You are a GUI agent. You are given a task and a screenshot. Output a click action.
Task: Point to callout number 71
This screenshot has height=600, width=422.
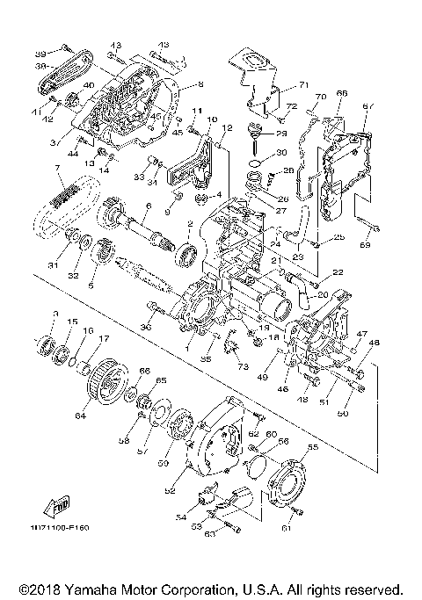click(304, 85)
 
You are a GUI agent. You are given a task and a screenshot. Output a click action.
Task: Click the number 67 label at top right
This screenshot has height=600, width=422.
click(368, 106)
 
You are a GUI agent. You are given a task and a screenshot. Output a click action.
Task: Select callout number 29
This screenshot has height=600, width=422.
click(281, 133)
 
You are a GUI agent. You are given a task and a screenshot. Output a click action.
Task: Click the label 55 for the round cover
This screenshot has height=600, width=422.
click(313, 447)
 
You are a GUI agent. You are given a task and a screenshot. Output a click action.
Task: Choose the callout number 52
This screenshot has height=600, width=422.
click(170, 480)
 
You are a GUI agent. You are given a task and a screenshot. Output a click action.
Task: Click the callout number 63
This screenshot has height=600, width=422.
click(209, 532)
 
